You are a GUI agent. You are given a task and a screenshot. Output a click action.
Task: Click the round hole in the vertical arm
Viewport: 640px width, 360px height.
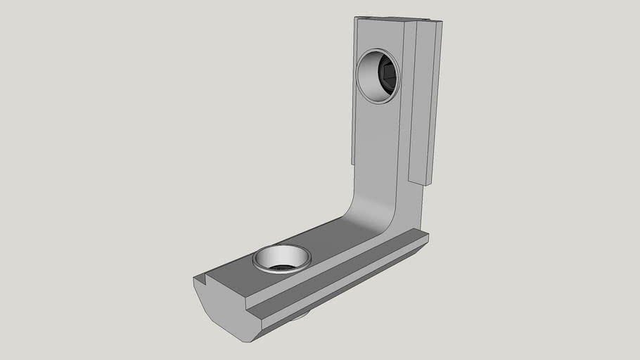378,76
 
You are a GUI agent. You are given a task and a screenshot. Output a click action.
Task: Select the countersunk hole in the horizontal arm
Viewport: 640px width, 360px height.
282,258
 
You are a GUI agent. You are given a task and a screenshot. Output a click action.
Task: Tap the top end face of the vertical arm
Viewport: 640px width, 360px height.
397,20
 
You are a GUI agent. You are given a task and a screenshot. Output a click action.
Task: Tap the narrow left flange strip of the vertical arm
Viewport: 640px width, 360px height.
354,91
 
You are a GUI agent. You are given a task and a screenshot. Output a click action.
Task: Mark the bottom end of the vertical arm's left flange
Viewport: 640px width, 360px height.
352,162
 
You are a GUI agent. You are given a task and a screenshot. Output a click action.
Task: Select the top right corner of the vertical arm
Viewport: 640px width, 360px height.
441,22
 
